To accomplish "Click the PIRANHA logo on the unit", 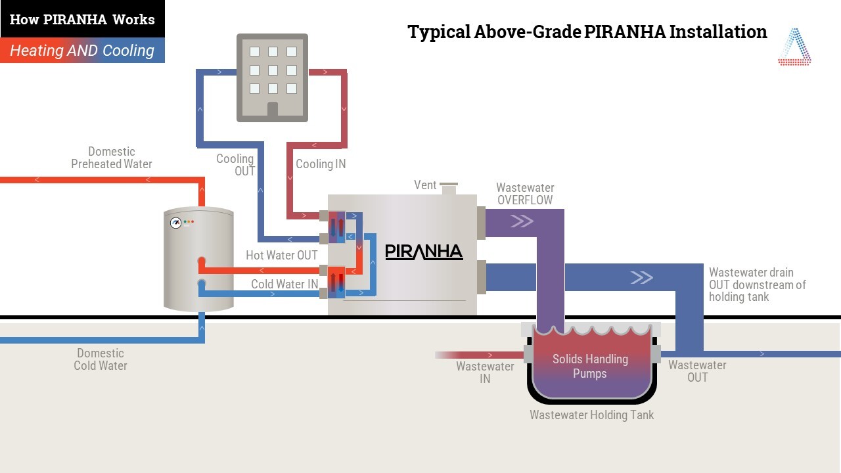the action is point(424,252).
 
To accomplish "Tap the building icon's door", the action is point(273,109).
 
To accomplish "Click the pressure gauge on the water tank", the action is point(175,223).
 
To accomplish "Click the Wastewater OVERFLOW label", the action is point(525,194).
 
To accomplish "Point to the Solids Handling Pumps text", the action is point(590,366).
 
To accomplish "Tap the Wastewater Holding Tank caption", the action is point(592,415).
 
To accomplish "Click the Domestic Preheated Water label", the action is point(112,158).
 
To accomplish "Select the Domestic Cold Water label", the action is point(101,359).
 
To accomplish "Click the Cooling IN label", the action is point(321,164).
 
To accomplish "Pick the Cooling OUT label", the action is point(235,165).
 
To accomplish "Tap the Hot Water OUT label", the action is point(282,256).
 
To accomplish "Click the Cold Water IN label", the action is point(284,284).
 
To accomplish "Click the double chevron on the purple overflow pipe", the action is point(522,221).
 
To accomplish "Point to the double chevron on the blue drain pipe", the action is point(642,277).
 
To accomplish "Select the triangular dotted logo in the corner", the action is point(794,47).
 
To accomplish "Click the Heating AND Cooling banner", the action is point(82,51).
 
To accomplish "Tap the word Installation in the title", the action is point(718,32).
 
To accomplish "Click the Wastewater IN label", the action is point(485,372).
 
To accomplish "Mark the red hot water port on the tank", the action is point(202,261).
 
